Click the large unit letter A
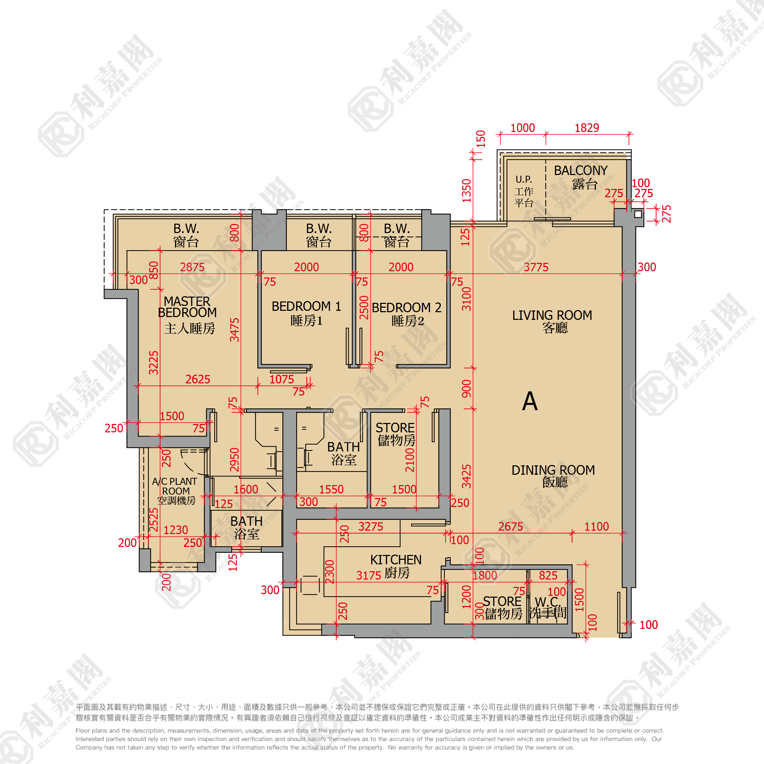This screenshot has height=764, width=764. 530,401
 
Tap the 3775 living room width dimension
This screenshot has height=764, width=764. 536,267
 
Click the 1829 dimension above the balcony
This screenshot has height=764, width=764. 587,128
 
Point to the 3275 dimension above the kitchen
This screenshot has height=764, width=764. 371,526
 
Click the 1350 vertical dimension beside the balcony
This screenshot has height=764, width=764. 467,191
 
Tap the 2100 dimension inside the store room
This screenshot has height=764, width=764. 410,460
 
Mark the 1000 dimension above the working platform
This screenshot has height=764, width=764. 523,128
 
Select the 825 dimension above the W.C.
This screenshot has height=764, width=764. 548,575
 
